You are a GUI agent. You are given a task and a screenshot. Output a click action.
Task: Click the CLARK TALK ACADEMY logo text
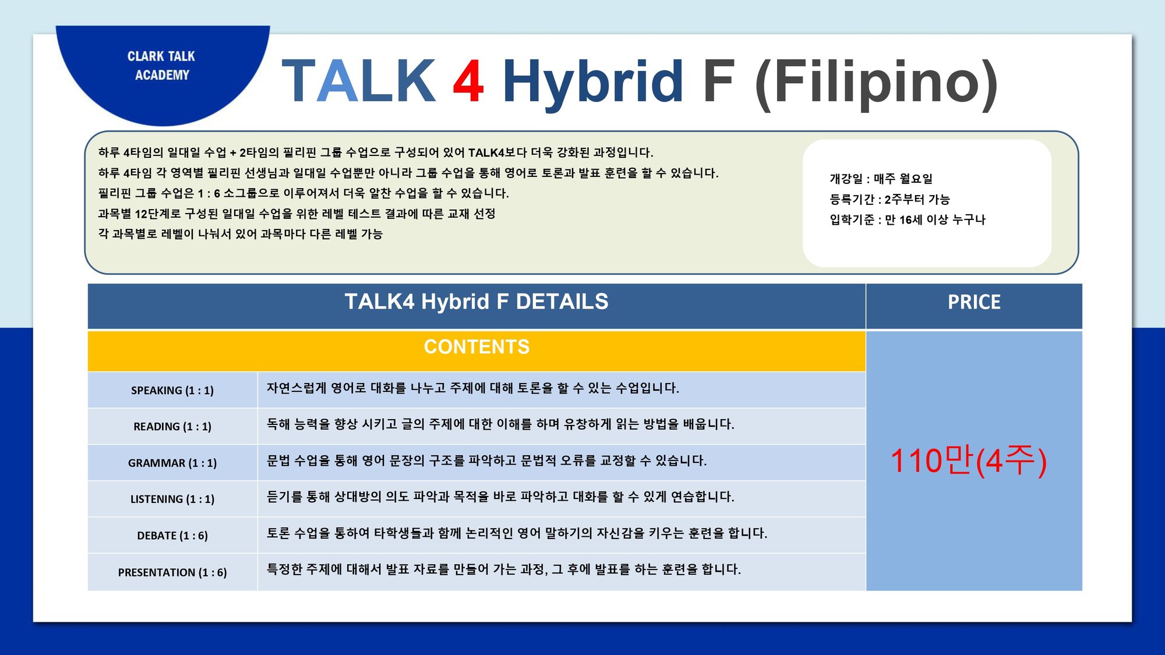[161, 65]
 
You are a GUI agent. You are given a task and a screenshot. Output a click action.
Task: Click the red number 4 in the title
[468, 81]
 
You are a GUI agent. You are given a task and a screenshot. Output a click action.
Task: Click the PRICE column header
[974, 302]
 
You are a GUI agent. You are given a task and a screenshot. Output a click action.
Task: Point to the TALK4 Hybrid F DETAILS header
[476, 302]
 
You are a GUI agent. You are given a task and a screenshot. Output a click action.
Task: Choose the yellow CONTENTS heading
[476, 347]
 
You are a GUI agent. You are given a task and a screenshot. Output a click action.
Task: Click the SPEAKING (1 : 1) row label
[172, 391]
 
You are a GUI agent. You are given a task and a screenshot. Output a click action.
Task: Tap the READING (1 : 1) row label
[172, 427]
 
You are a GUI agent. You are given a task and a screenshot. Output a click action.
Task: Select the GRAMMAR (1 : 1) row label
[172, 463]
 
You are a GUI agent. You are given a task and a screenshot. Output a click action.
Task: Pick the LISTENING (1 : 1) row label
[172, 500]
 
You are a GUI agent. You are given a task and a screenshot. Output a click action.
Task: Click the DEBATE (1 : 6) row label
[172, 536]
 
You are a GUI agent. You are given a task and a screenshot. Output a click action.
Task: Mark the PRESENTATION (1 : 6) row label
[172, 572]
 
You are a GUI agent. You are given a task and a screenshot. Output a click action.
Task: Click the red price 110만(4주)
[968, 461]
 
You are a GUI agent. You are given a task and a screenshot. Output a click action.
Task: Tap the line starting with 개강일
[881, 179]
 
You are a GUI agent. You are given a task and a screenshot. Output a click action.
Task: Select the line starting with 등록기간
[889, 199]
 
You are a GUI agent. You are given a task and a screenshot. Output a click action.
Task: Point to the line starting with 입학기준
[907, 219]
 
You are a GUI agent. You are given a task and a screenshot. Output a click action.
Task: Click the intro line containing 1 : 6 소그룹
[303, 193]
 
